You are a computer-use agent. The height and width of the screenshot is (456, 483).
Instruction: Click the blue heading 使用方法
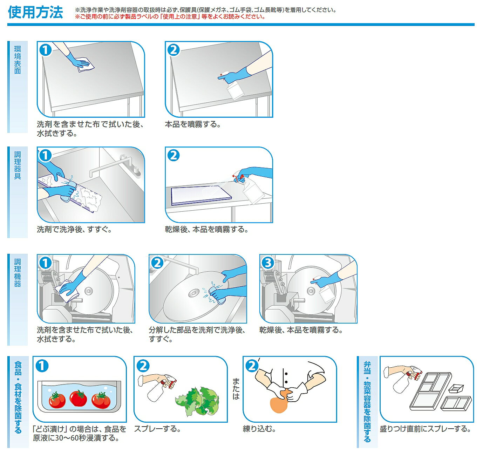35,12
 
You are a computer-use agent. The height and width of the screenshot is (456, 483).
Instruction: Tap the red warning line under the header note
170,17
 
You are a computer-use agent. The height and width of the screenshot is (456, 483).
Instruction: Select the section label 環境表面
18,60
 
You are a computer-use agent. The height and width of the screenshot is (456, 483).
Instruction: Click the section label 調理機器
18,273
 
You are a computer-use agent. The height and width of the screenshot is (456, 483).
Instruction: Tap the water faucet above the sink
114,165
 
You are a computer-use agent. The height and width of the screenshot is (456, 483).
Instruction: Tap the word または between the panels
236,389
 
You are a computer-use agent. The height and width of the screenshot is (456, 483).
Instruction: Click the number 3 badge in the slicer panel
267,263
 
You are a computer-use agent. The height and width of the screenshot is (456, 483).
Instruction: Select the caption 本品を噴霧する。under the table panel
193,124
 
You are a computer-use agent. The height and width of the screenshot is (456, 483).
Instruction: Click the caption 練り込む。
259,429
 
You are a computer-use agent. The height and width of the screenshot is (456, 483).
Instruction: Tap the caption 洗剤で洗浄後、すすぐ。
74,229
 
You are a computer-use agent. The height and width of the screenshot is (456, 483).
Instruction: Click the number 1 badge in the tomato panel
42,366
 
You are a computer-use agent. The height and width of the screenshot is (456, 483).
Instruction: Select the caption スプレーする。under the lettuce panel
158,429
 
